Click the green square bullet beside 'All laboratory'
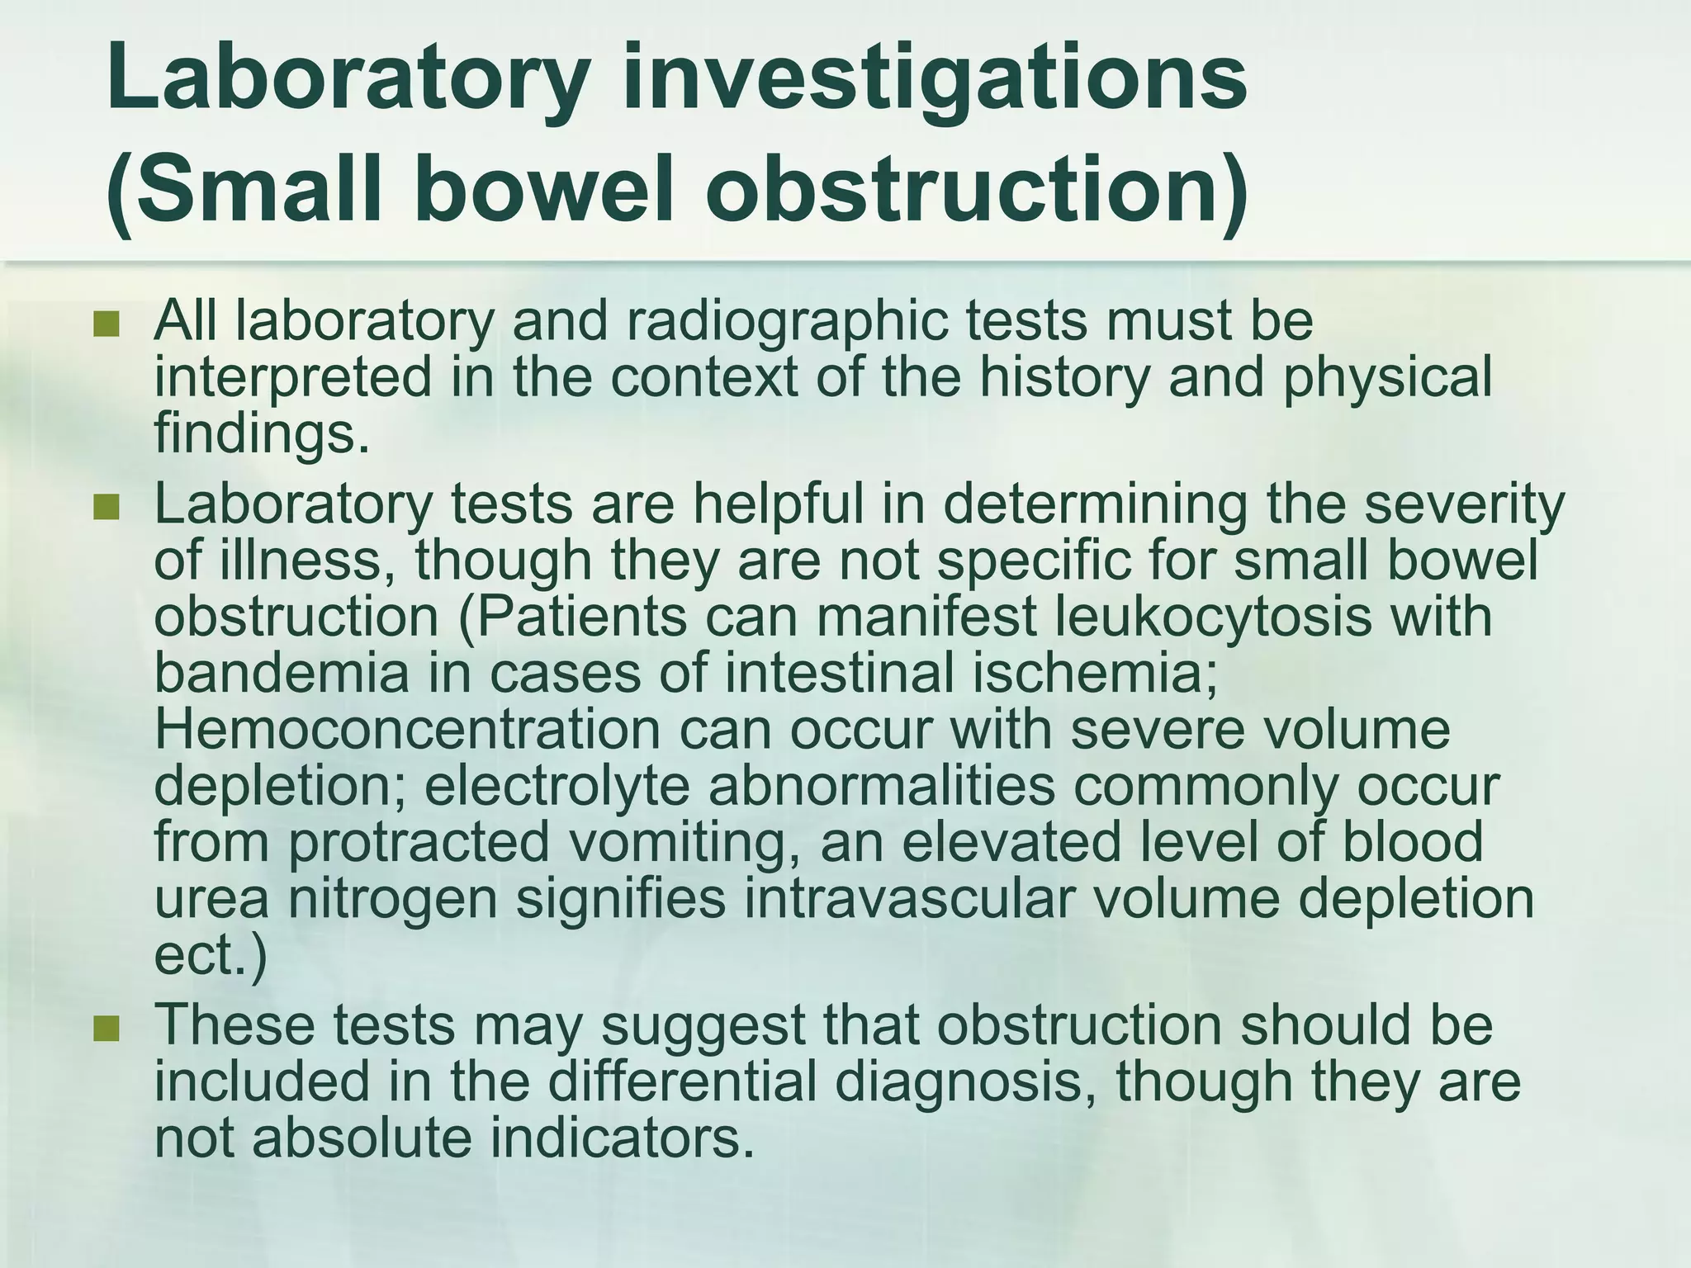pos(107,324)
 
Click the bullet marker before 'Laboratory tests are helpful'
pos(107,507)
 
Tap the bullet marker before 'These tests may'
pos(107,1028)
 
